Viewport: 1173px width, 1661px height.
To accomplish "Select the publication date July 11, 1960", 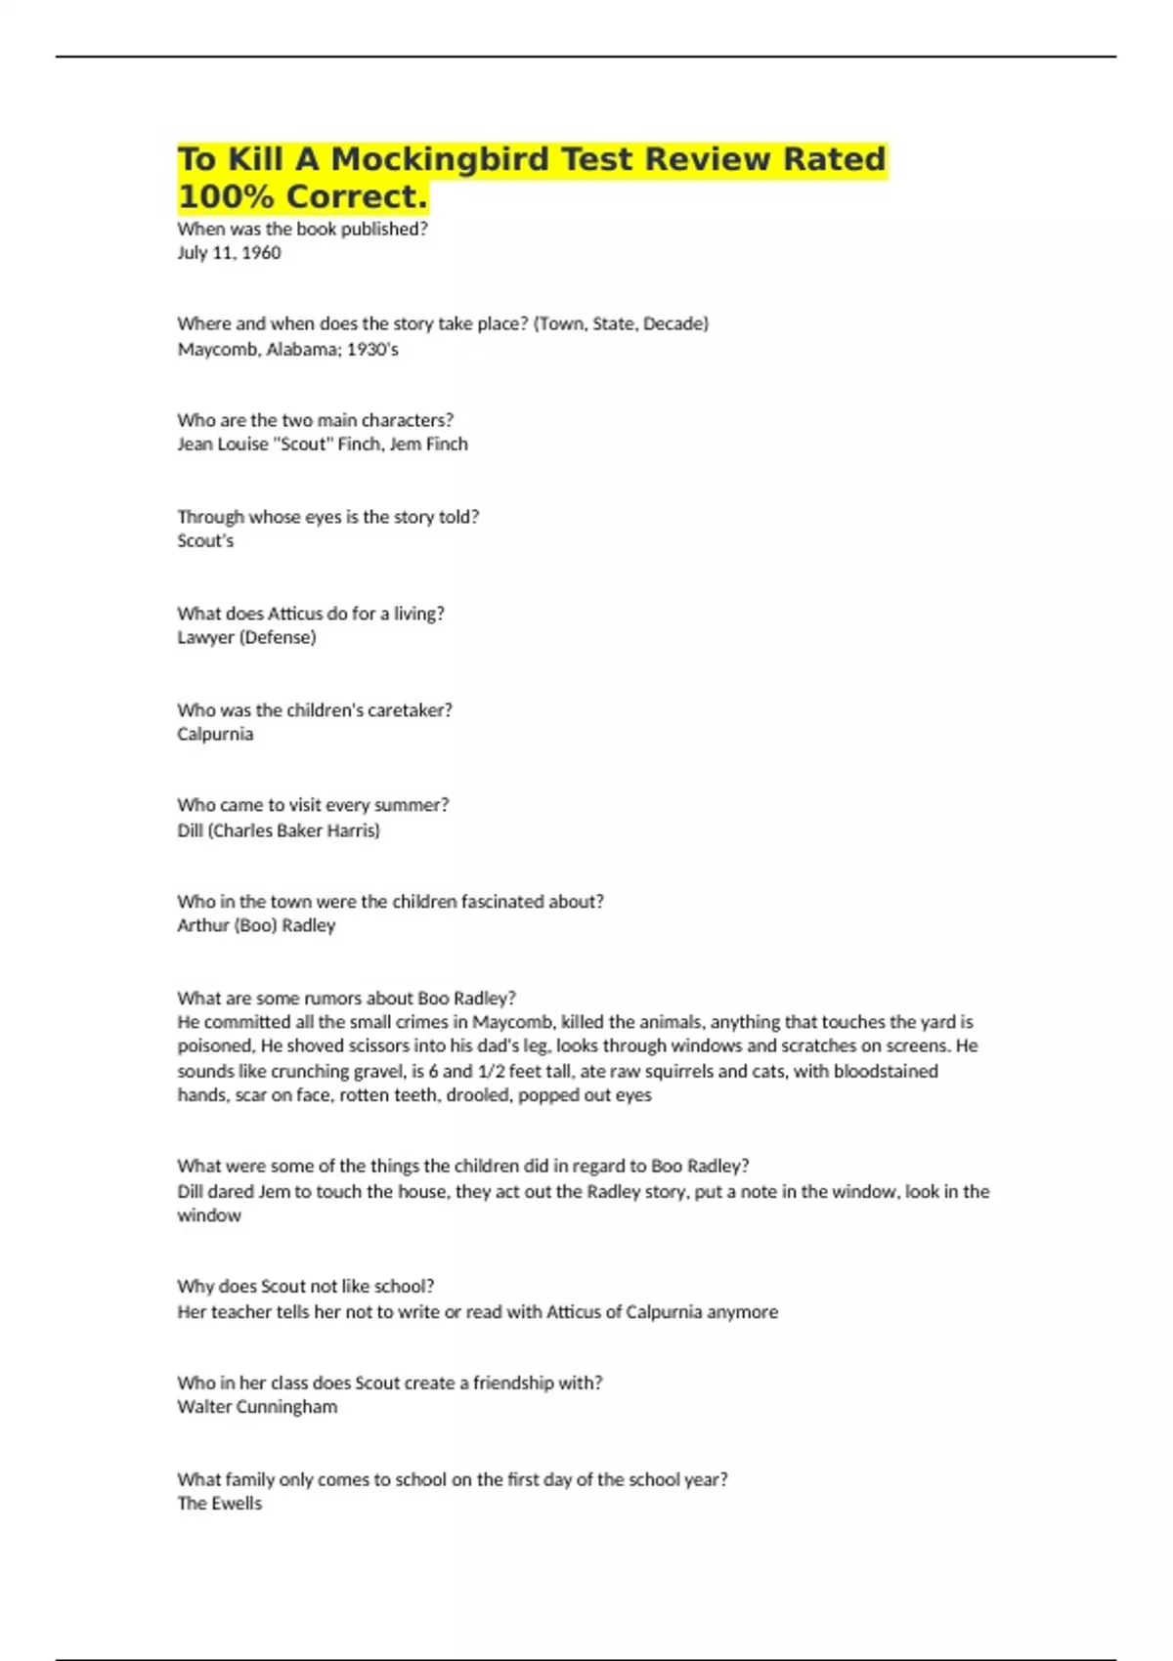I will (229, 253).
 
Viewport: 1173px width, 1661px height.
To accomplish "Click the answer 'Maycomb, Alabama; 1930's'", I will (287, 349).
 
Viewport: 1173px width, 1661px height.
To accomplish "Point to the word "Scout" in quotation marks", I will (305, 444).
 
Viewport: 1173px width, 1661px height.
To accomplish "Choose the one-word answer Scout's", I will (205, 540).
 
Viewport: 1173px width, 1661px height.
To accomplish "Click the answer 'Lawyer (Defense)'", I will (246, 637).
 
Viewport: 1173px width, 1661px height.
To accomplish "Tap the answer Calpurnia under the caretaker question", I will (215, 734).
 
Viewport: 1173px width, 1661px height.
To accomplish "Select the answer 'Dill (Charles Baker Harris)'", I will (279, 830).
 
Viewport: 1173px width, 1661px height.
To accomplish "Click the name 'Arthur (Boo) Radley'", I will (256, 925).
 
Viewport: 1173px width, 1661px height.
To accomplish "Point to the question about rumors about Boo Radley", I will (346, 998).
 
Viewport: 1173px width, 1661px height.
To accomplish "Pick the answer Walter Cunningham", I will (257, 1407).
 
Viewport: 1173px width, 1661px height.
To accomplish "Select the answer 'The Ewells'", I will (220, 1504).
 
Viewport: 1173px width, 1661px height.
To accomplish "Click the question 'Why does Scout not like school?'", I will (305, 1286).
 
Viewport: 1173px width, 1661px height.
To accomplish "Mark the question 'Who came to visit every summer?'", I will (313, 805).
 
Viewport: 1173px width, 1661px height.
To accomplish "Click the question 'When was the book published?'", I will (302, 229).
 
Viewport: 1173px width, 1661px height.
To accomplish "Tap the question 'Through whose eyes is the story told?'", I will (327, 517).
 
